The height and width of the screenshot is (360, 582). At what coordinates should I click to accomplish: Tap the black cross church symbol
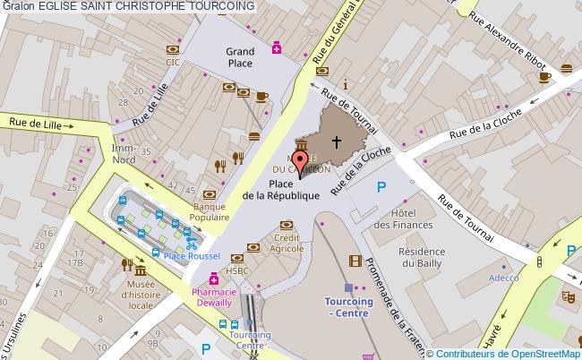[x=338, y=141]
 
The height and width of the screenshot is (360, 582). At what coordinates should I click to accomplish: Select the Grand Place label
[x=239, y=57]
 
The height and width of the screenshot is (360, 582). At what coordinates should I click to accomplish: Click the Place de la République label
[x=281, y=190]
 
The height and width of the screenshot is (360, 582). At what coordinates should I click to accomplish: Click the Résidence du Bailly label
[x=423, y=258]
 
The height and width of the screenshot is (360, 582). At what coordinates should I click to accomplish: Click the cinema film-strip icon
[x=357, y=261]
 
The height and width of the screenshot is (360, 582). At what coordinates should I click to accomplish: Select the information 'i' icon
[x=345, y=84]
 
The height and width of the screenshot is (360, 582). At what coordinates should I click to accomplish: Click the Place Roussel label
[x=193, y=257]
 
